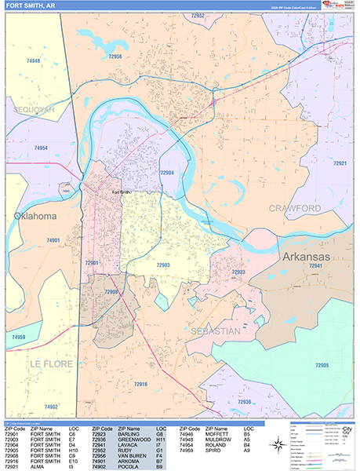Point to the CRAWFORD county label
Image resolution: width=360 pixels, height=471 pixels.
295,208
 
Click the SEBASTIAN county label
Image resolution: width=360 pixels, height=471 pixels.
213,332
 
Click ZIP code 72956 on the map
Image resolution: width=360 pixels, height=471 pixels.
115,57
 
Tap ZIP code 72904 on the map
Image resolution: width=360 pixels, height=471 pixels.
167,172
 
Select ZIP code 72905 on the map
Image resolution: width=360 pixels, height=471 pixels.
322,366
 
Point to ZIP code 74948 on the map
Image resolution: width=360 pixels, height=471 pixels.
32,60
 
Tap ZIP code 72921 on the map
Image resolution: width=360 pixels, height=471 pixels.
340,163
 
